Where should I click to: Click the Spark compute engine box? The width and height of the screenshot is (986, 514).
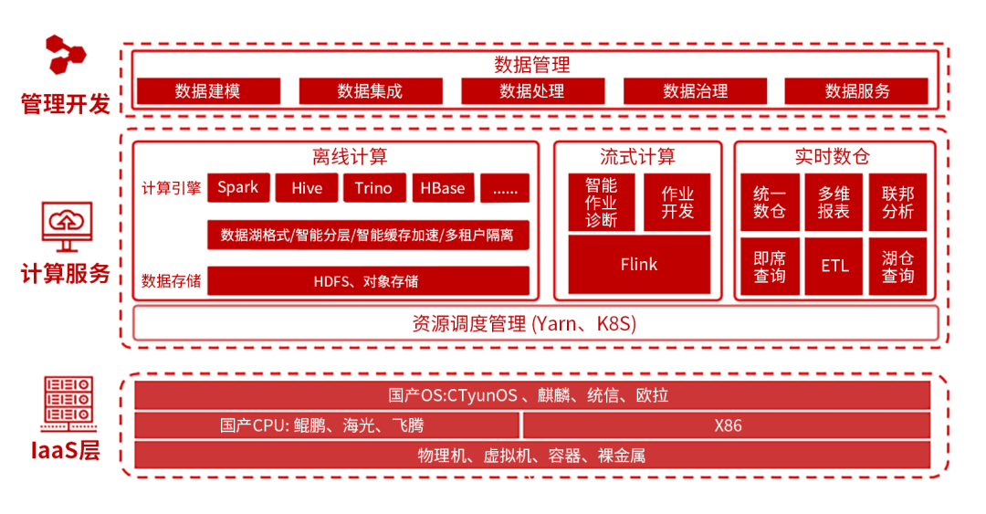pyautogui.click(x=237, y=188)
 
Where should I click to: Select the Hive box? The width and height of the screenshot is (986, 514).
pyautogui.click(x=307, y=188)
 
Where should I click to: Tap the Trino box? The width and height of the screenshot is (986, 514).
pyautogui.click(x=373, y=188)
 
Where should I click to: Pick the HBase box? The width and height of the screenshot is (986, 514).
pyautogui.click(x=443, y=188)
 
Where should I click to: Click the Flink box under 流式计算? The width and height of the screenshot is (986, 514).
pyautogui.click(x=639, y=265)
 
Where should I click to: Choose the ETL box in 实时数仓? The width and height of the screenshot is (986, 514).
pyautogui.click(x=834, y=267)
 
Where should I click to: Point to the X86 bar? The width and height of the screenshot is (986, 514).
pyautogui.click(x=727, y=425)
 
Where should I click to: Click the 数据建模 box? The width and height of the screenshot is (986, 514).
pyautogui.click(x=207, y=91)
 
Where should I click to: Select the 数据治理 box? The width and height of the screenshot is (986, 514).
pyautogui.click(x=695, y=91)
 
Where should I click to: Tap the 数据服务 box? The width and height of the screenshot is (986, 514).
pyautogui.click(x=856, y=91)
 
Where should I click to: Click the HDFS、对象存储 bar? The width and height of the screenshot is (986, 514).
pyautogui.click(x=368, y=281)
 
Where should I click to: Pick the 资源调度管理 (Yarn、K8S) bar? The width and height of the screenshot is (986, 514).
pyautogui.click(x=536, y=323)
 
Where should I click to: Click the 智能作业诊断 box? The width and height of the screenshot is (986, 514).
pyautogui.click(x=601, y=202)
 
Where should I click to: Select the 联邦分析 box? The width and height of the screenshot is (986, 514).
pyautogui.click(x=897, y=203)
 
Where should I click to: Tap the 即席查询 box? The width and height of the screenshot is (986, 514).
pyautogui.click(x=769, y=267)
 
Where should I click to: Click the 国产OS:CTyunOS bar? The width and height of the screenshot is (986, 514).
pyautogui.click(x=532, y=395)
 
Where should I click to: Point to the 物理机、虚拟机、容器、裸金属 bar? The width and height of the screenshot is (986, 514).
pyautogui.click(x=532, y=455)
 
